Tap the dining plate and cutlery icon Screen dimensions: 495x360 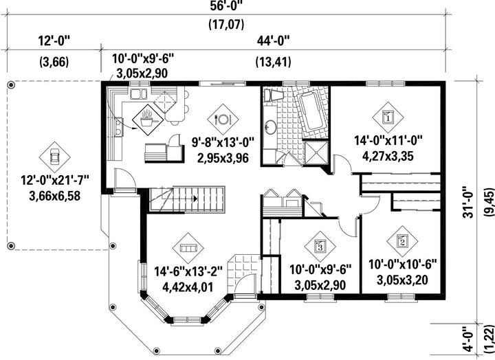[x=223, y=120]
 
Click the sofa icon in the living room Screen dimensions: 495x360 [x=188, y=248]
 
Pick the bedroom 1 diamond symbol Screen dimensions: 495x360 [x=388, y=117]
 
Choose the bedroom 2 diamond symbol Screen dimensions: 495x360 [x=402, y=241]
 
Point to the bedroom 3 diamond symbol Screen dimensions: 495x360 [x=320, y=246]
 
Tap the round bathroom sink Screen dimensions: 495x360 [x=270, y=126]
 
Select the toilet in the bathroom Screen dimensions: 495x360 [x=272, y=95]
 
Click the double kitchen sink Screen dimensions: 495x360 [x=138, y=94]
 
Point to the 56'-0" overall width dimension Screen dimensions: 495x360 [x=226, y=6]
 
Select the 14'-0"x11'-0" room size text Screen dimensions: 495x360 [x=388, y=140]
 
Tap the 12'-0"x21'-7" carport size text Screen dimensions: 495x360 [x=55, y=180]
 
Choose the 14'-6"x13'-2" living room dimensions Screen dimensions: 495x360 [x=188, y=271]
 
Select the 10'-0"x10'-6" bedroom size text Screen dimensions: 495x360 [x=402, y=265]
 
